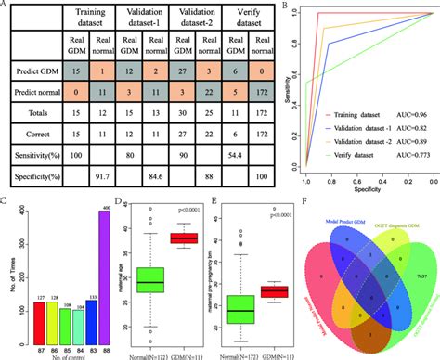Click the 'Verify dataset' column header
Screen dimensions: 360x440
(x=221, y=19)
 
